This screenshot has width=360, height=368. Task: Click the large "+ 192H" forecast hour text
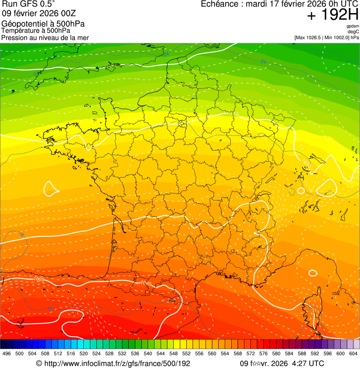click(x=332, y=16)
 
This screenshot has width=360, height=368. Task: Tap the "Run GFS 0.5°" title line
click(x=29, y=4)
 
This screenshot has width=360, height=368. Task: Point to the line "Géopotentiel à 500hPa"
click(x=39, y=24)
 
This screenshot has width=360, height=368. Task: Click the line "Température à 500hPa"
click(x=36, y=30)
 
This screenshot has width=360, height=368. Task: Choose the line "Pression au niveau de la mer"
click(x=45, y=37)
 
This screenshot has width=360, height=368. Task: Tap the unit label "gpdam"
click(x=353, y=26)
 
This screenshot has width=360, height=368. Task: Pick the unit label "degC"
click(x=354, y=31)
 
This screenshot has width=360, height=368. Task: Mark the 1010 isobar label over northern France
click(x=235, y=114)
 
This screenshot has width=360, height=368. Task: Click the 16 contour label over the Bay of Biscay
click(x=21, y=234)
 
